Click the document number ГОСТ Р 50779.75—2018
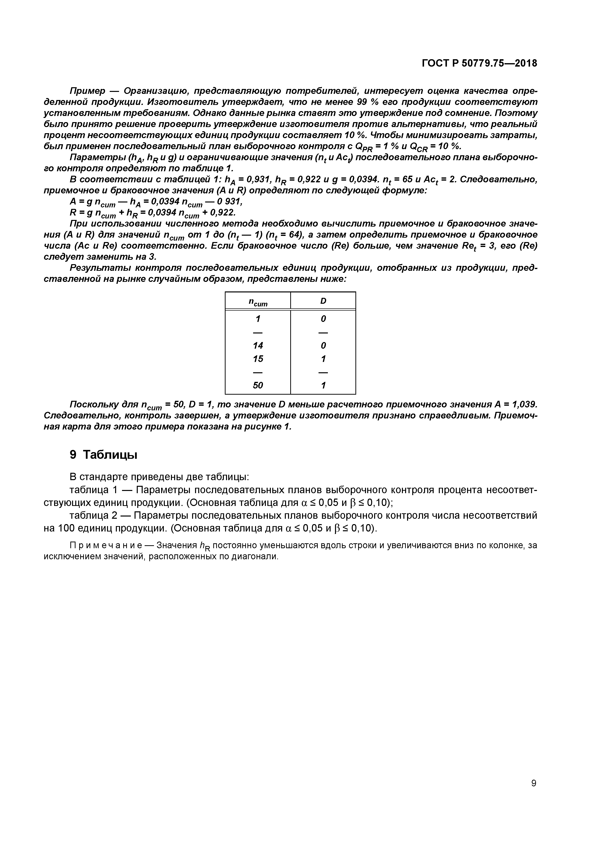pyautogui.click(x=479, y=63)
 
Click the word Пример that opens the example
pyautogui.click(x=88, y=91)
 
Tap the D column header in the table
pyautogui.click(x=323, y=301)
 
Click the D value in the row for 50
pyautogui.click(x=323, y=385)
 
